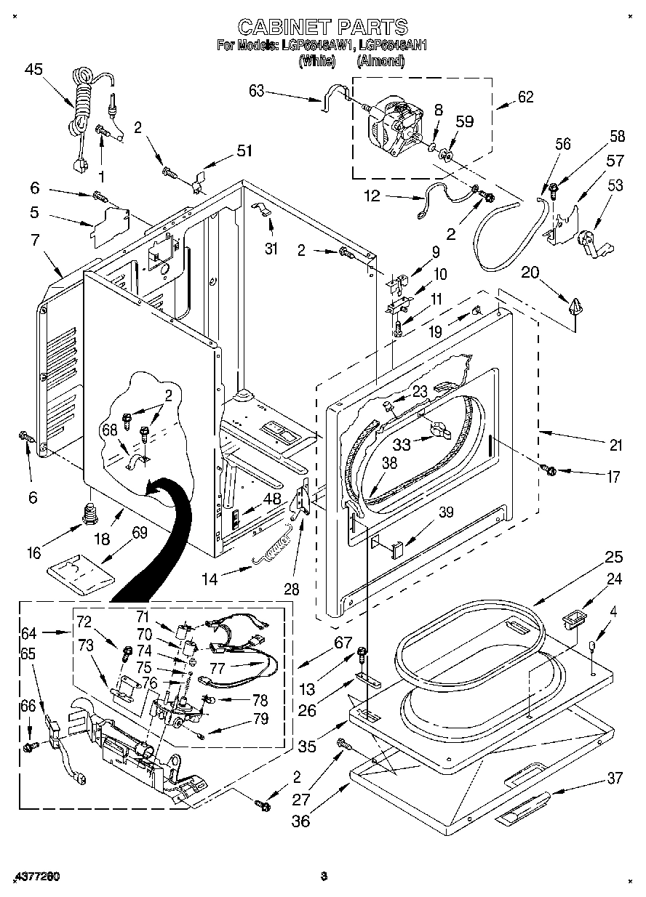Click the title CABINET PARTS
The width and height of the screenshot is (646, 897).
click(323, 27)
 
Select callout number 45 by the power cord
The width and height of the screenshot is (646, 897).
click(33, 69)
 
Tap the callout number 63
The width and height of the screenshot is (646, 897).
click(257, 91)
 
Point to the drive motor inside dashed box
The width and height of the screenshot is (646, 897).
click(394, 128)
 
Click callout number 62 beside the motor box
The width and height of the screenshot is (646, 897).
click(525, 97)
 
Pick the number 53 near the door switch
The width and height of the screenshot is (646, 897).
click(615, 186)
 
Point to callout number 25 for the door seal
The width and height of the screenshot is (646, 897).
click(614, 558)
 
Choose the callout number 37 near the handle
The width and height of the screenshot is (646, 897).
click(615, 779)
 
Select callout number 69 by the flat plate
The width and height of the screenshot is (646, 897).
click(139, 533)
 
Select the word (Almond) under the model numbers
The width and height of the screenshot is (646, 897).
click(380, 62)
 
